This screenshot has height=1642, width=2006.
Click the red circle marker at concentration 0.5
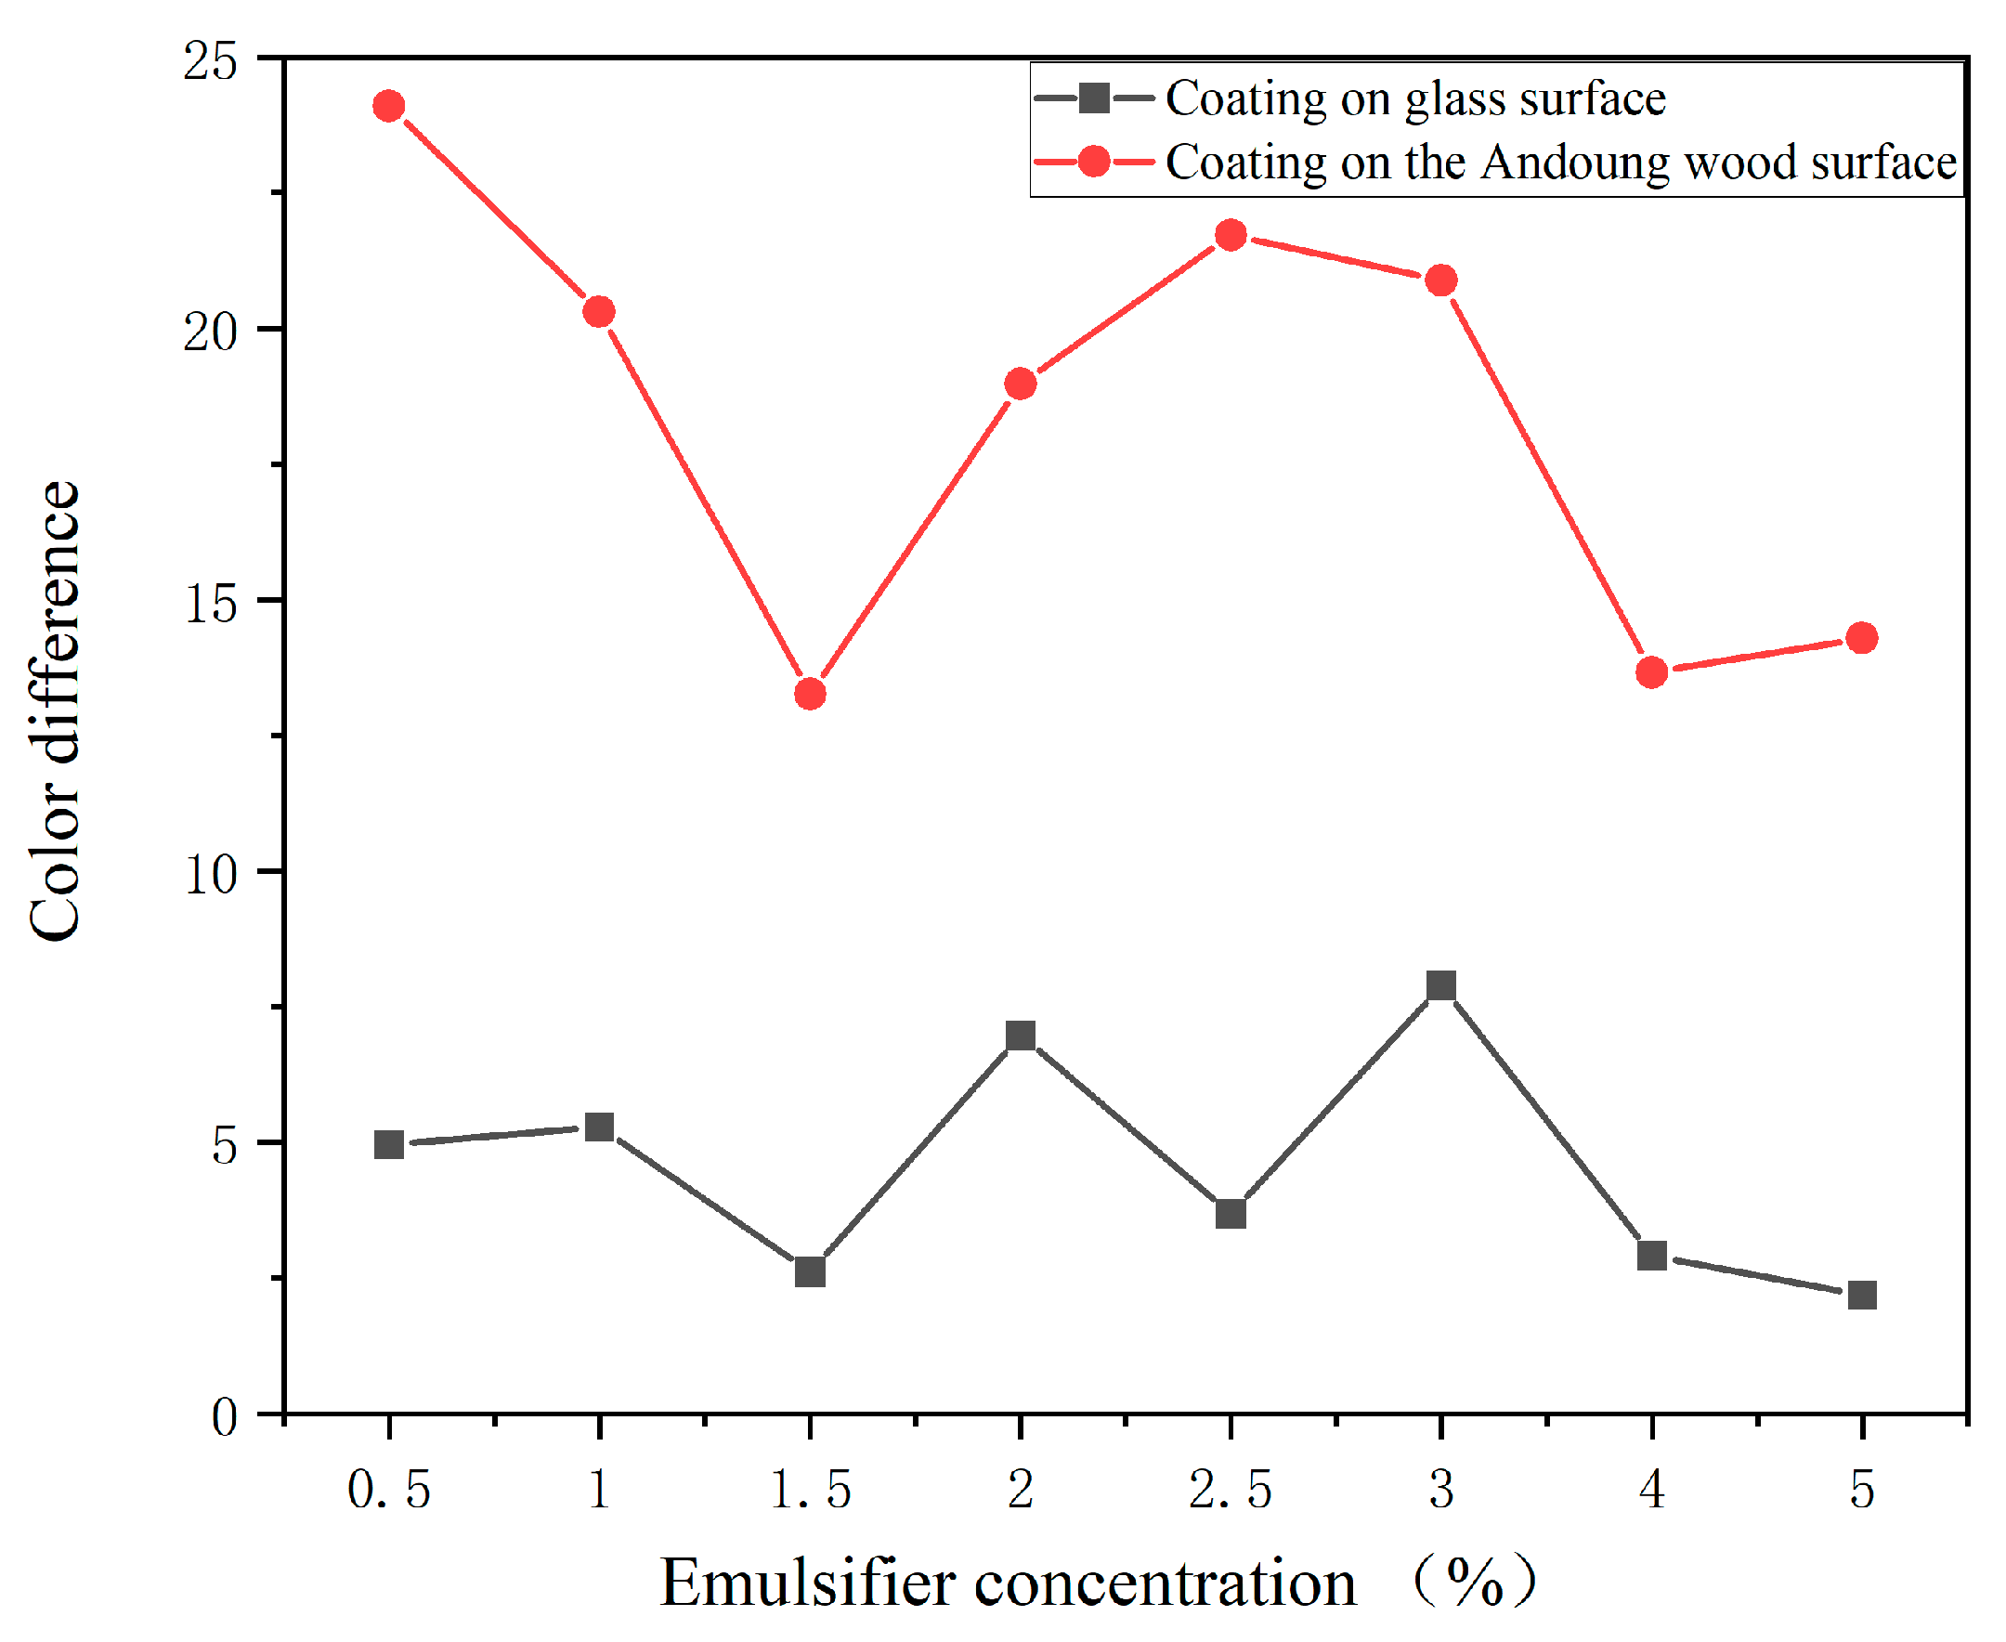click(389, 106)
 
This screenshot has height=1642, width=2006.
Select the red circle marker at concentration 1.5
click(811, 695)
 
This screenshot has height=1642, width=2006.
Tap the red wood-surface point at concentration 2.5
click(1231, 235)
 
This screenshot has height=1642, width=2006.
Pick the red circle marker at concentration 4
click(1651, 672)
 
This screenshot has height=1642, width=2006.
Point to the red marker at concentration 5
click(1861, 638)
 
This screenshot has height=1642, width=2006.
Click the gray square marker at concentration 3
click(1440, 985)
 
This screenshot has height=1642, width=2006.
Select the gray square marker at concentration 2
click(1021, 1036)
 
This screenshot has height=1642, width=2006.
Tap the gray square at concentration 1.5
click(811, 1272)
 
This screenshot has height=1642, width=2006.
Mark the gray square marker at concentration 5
click(1861, 1295)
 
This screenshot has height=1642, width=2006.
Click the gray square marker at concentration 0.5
click(389, 1144)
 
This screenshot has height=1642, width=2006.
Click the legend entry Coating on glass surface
click(1413, 98)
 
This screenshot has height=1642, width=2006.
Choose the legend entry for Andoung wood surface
click(1559, 163)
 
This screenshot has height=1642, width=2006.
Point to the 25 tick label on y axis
click(209, 62)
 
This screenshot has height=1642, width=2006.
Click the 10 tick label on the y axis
click(209, 875)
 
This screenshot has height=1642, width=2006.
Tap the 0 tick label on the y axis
click(224, 1417)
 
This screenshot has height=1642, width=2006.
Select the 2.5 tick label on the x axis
click(1230, 1491)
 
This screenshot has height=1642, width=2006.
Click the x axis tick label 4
click(1651, 1491)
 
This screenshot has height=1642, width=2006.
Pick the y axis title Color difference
click(54, 711)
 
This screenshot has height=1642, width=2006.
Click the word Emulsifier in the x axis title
click(807, 1583)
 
